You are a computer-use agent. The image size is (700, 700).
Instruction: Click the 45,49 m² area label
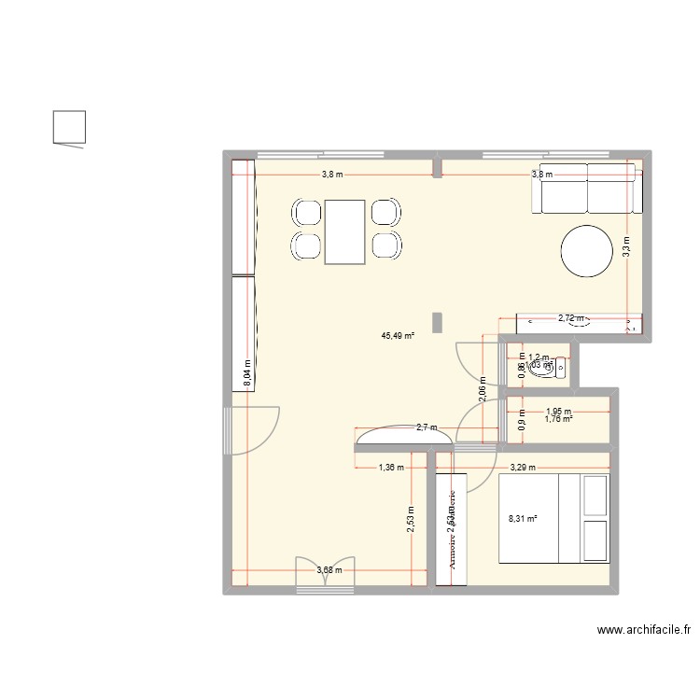[x=398, y=336]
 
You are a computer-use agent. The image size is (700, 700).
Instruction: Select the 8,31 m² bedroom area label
[x=523, y=520]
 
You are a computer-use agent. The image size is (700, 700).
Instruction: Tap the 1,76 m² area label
[x=558, y=419]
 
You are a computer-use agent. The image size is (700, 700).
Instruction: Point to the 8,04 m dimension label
[x=246, y=373]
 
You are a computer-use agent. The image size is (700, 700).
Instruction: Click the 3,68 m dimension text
[x=329, y=570]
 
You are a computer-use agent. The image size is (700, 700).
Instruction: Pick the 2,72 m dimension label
[x=571, y=318]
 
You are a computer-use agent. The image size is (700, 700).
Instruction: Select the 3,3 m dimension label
[x=627, y=246]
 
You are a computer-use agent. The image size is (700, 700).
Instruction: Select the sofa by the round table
[x=587, y=187]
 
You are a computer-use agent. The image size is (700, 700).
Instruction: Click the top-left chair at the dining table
[x=307, y=214]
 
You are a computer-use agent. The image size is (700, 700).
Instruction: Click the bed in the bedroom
[x=553, y=519]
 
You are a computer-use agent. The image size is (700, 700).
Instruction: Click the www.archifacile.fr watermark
[x=643, y=631]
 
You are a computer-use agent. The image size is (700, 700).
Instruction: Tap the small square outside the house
[x=69, y=127]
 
